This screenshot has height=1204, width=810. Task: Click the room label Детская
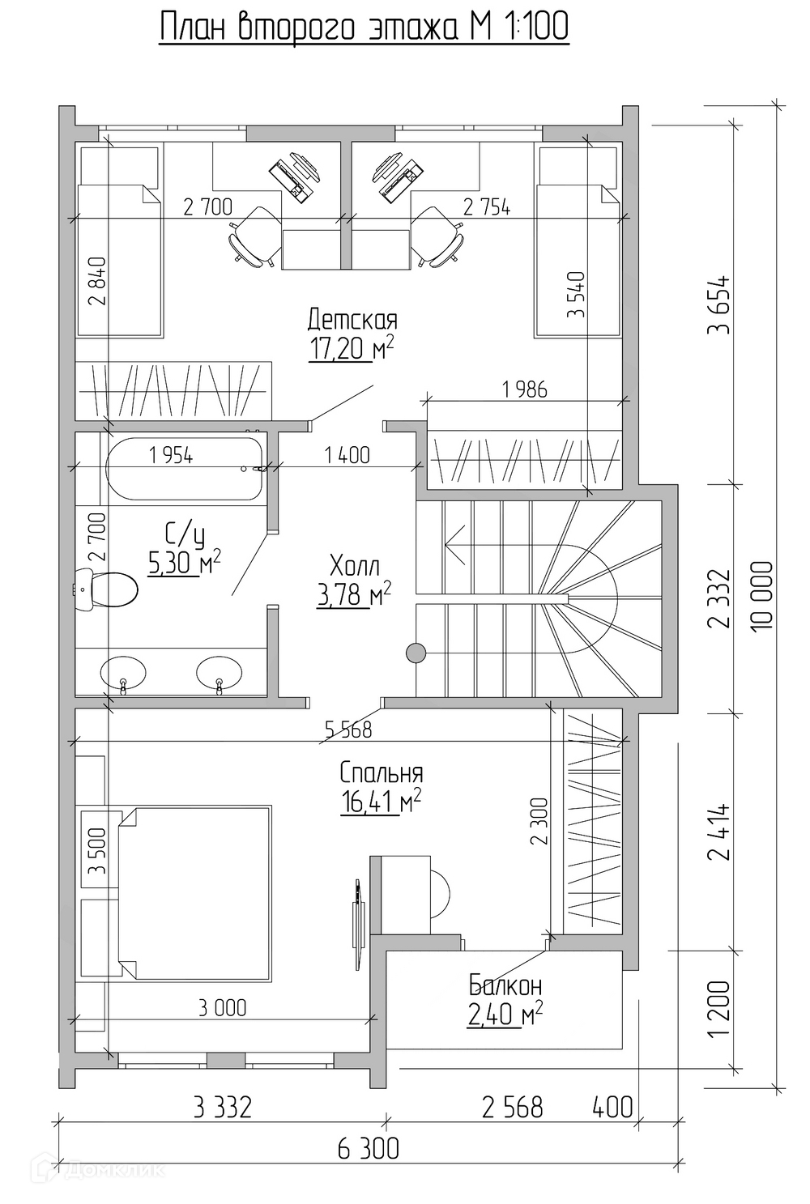[x=353, y=321]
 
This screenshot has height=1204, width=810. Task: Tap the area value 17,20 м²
[x=352, y=349]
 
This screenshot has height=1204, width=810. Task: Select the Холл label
[x=355, y=566]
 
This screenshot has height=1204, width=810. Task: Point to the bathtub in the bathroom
[x=185, y=468]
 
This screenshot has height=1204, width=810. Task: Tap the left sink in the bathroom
[x=123, y=673]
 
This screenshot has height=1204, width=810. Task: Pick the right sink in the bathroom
[x=219, y=673]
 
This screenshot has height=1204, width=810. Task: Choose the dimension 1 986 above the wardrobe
[x=524, y=389]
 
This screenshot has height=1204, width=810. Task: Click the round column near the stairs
[x=416, y=653]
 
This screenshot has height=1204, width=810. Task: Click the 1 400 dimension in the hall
[x=347, y=456]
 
